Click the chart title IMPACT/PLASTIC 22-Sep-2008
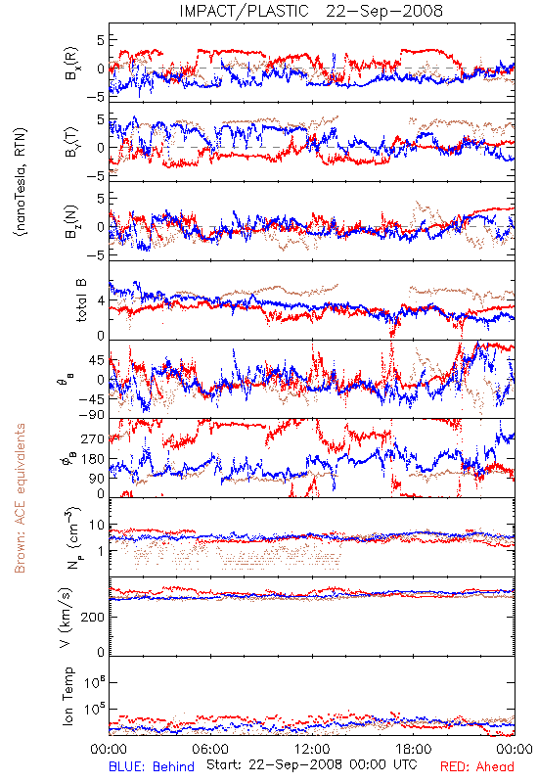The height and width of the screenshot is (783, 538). [311, 11]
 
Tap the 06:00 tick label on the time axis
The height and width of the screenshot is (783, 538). [210, 749]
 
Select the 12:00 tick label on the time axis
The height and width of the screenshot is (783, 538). [312, 749]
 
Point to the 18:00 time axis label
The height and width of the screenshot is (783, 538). [414, 749]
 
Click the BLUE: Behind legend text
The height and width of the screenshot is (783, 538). [152, 766]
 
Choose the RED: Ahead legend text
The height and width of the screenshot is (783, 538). [477, 766]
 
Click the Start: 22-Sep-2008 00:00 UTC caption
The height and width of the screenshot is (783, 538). [312, 764]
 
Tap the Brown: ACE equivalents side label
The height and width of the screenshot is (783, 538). [20, 498]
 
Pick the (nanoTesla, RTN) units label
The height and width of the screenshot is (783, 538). [21, 182]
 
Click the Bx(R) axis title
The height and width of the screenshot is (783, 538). [70, 63]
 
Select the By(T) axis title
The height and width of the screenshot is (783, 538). [70, 142]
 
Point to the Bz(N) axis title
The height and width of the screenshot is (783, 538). [70, 221]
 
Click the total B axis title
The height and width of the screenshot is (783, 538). [81, 300]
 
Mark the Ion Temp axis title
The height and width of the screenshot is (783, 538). [67, 696]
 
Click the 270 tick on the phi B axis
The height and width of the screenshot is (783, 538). [93, 439]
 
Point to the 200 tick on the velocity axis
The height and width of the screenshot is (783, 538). [93, 618]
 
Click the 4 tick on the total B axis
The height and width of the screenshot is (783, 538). [102, 301]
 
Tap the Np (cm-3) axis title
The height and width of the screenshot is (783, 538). [71, 537]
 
